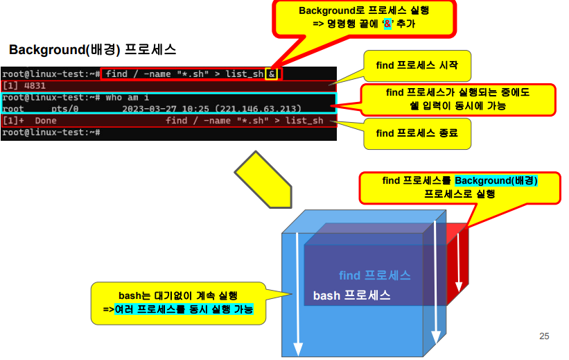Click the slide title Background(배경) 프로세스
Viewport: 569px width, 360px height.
pos(92,50)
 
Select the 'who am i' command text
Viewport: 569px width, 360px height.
pos(127,98)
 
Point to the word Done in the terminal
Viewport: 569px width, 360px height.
pos(45,121)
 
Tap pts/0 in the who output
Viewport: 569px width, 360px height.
pos(64,109)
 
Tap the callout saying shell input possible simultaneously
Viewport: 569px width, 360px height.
pos(457,99)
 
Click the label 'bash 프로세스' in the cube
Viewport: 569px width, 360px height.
pos(351,295)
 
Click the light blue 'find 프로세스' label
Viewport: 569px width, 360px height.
pos(375,275)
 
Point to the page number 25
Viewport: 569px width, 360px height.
pos(544,336)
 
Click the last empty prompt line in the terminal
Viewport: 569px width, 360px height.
pos(52,132)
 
